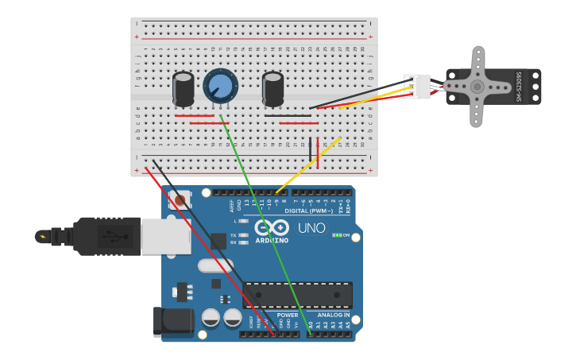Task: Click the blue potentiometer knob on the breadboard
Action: click(x=220, y=85)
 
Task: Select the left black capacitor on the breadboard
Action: click(x=184, y=89)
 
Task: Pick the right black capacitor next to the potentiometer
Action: click(x=273, y=89)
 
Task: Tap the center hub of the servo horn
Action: click(x=477, y=87)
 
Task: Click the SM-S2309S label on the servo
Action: click(x=520, y=87)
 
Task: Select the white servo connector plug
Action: click(x=417, y=87)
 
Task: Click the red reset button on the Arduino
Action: click(x=180, y=200)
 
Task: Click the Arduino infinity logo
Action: click(x=272, y=228)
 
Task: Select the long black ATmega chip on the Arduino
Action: click(x=298, y=295)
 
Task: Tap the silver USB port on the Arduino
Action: click(x=165, y=236)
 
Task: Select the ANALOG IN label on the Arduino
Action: click(x=334, y=315)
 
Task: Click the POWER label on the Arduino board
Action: click(x=288, y=315)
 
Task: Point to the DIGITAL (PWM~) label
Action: click(x=309, y=211)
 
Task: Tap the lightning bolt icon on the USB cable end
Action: click(x=42, y=236)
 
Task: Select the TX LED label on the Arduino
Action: click(x=233, y=235)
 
